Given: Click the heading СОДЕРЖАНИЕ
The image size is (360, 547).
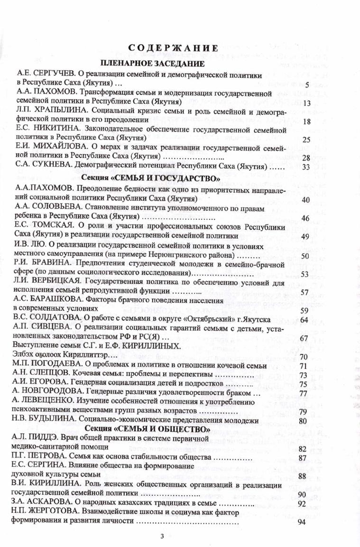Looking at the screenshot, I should tap(173, 48).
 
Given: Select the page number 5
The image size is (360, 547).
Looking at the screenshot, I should tap(307, 84).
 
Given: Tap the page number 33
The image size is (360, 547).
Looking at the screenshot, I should tap(305, 167).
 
